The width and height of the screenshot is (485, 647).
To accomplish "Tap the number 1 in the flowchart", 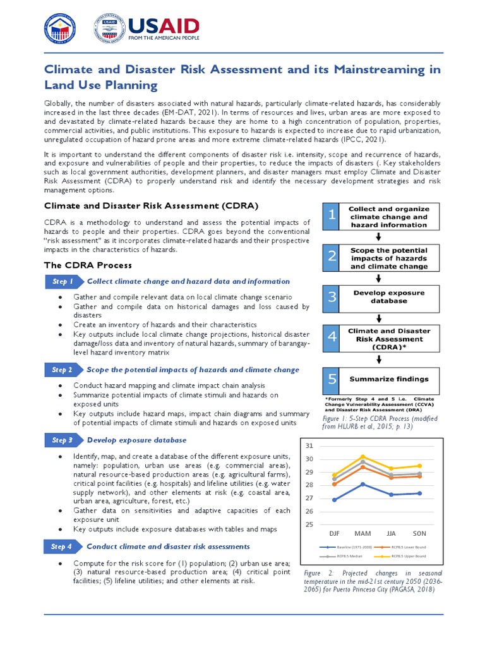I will (332, 217).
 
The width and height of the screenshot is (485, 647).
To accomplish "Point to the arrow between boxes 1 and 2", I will (378, 238).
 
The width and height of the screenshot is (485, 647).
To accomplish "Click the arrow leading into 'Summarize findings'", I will (378, 360).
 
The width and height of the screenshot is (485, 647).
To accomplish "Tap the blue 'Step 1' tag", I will (63, 281).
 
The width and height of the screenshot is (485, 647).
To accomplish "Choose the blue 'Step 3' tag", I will (63, 440).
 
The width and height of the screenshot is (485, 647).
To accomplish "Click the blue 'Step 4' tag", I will (63, 547).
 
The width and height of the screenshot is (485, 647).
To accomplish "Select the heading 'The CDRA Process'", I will (88, 265).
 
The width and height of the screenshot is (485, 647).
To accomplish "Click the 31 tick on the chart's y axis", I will (309, 447).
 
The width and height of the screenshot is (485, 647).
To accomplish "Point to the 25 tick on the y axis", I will (309, 524).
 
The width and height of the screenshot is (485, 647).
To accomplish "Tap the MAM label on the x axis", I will (362, 534).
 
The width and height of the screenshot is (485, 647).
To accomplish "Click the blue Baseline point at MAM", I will (362, 484).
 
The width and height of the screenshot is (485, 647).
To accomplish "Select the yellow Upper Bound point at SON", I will (419, 466).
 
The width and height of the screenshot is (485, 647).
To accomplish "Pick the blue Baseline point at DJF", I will (334, 500).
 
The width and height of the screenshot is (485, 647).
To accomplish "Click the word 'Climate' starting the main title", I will (68, 70).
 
